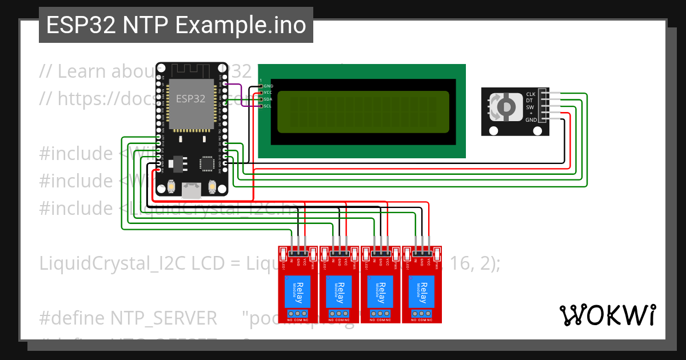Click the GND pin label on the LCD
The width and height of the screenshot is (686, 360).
269,86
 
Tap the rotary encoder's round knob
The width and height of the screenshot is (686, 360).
506,107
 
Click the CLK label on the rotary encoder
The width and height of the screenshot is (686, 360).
531,94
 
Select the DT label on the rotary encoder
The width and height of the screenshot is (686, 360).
529,101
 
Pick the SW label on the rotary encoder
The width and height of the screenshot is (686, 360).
530,107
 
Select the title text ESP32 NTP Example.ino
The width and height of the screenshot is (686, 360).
176,25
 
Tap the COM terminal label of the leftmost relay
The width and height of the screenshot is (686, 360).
298,320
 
